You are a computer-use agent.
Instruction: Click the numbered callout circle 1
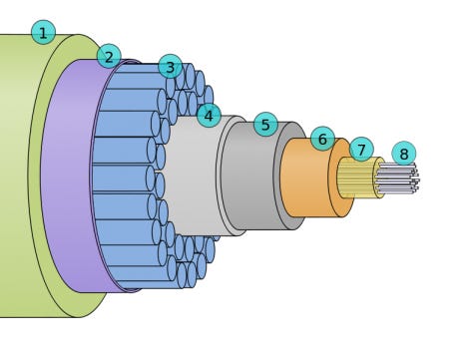point(43,33)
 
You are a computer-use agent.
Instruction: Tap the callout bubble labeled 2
point(109,56)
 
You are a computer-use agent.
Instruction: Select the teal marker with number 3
point(171,67)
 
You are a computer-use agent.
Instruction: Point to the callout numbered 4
point(208,116)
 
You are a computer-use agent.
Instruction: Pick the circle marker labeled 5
point(264,125)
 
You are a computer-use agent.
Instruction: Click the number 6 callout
point(322,139)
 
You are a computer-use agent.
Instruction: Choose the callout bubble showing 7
point(361,150)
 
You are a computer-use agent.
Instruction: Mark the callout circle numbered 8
point(403,154)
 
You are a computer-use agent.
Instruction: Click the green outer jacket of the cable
point(20,180)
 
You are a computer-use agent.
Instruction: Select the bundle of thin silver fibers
point(396,179)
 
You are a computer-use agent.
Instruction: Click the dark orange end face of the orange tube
point(340,180)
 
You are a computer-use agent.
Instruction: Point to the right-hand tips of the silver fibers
point(414,180)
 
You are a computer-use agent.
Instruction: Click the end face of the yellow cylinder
point(378,179)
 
